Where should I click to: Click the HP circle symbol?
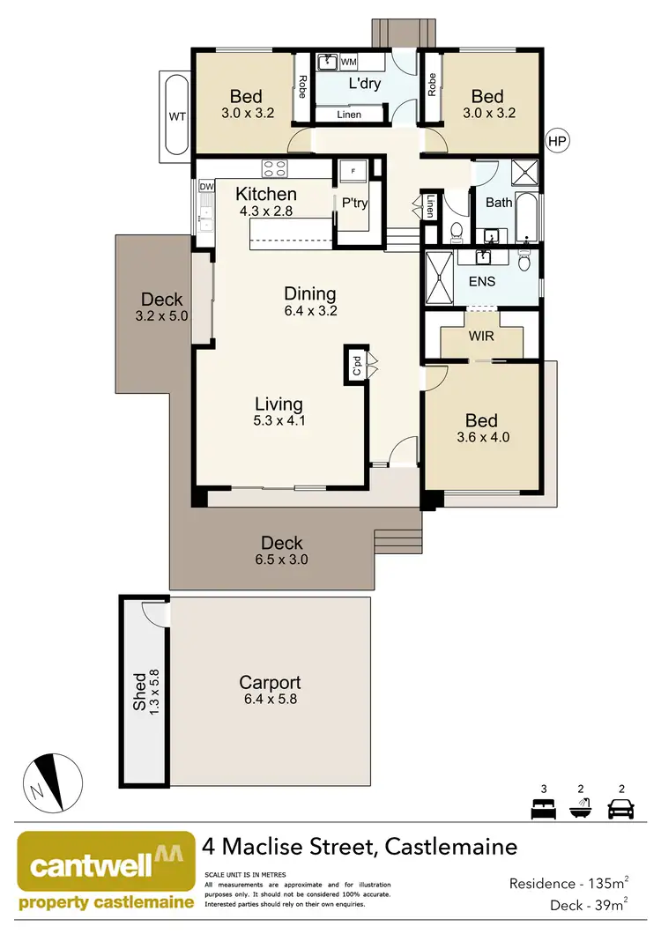pyautogui.click(x=556, y=141)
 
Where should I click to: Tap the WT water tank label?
pyautogui.click(x=175, y=117)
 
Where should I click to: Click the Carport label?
pyautogui.click(x=270, y=683)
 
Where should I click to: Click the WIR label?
pyautogui.click(x=481, y=337)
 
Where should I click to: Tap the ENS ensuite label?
pyautogui.click(x=481, y=282)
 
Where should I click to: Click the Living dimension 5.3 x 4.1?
pyautogui.click(x=279, y=421)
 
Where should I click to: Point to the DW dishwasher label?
pyautogui.click(x=206, y=187)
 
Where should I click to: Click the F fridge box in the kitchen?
pyautogui.click(x=353, y=169)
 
